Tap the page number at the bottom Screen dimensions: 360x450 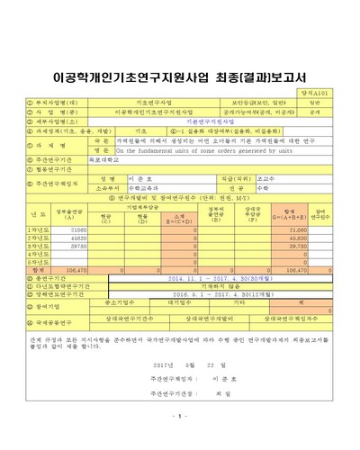click(x=179, y=440)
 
